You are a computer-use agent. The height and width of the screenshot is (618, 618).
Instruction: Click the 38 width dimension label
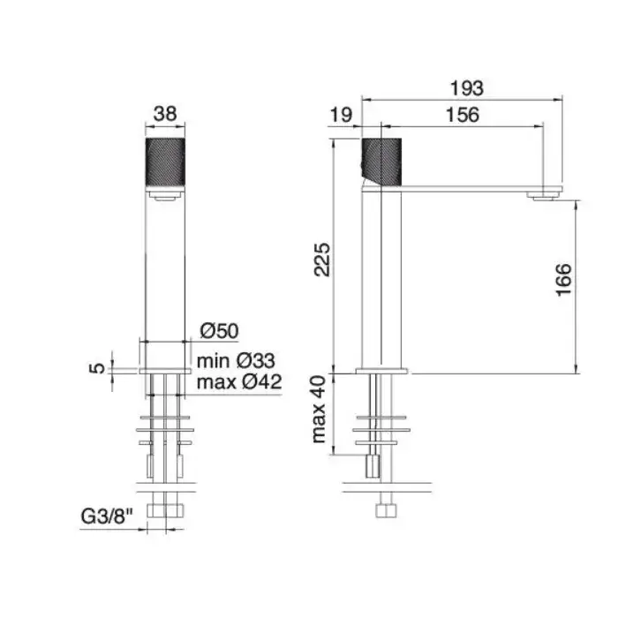point(165,114)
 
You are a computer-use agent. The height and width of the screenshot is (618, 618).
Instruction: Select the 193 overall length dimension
point(467,88)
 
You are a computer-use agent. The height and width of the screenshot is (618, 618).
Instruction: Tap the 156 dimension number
point(463,115)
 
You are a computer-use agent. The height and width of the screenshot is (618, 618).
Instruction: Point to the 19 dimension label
point(341,115)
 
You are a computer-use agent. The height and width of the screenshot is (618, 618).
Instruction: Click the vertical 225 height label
point(322,260)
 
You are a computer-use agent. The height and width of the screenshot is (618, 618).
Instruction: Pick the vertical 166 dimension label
point(563,280)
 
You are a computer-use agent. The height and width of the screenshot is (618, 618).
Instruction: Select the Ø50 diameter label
point(220,331)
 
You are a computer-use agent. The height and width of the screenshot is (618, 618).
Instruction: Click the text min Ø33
point(236,360)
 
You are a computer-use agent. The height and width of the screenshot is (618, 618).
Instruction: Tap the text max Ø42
point(239,381)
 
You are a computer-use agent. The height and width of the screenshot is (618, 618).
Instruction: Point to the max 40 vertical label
point(320,410)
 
